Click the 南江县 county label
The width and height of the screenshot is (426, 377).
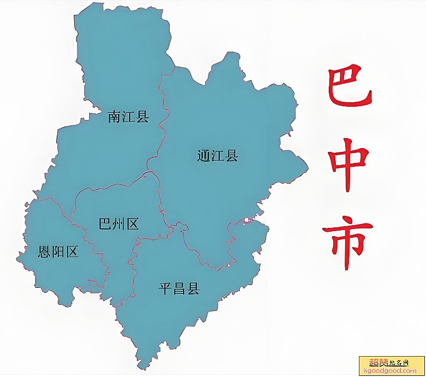click(129, 117)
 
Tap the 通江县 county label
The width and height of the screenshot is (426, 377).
click(218, 156)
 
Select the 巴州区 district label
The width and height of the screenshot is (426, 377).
click(118, 224)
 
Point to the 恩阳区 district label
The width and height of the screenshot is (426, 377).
click(58, 252)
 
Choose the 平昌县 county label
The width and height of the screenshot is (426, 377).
click(179, 288)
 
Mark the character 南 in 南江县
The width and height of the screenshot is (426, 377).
click(115, 117)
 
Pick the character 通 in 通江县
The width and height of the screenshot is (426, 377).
click(204, 156)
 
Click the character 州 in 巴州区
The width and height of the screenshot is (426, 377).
click(118, 224)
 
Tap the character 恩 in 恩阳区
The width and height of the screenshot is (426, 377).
click(45, 252)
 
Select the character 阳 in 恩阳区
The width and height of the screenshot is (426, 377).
click(58, 252)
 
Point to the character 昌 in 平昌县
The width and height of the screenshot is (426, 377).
click(179, 288)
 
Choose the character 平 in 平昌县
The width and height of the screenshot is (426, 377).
click(165, 288)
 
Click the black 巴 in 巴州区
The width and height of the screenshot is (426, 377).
click(104, 224)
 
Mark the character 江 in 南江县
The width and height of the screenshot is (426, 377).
click(129, 117)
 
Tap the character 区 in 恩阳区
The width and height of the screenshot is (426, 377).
click(71, 252)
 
